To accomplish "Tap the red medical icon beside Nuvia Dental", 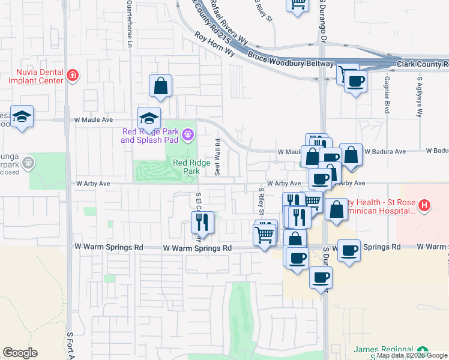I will [73, 76].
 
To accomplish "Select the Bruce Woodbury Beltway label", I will [291, 60].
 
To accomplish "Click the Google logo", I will [20, 353].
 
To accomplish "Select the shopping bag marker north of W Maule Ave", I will [161, 85].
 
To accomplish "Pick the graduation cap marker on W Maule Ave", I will [149, 117].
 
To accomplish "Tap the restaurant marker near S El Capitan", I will [203, 223].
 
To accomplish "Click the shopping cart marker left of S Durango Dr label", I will [265, 234].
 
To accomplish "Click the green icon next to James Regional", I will [423, 350].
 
